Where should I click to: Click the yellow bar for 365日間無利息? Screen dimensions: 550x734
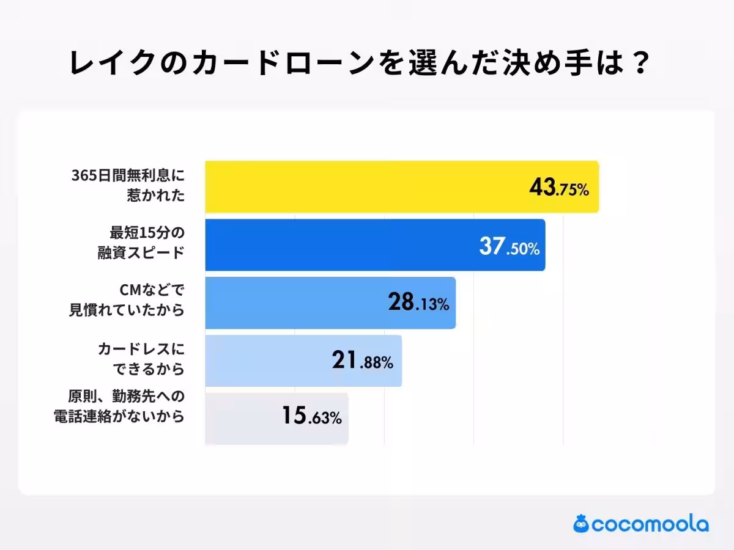point(367,187)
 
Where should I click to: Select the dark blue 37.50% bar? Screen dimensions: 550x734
point(343,245)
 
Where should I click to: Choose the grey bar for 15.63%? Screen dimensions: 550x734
point(245,419)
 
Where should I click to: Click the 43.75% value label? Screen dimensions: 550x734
point(558,188)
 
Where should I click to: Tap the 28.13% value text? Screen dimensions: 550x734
point(418,302)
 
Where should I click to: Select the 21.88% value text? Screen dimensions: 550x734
point(362,362)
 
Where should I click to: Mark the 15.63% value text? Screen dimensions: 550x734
point(311,417)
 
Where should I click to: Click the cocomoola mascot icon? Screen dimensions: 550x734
point(580,524)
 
